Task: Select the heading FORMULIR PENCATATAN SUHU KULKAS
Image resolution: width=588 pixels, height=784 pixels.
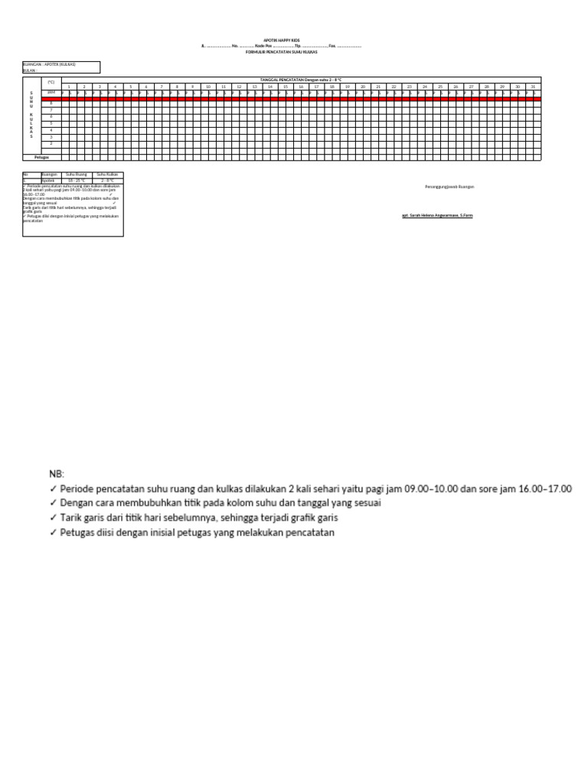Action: click(x=293, y=52)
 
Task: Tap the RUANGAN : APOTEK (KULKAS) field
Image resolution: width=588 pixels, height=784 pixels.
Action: click(x=50, y=64)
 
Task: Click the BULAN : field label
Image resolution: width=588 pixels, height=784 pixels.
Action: click(x=31, y=70)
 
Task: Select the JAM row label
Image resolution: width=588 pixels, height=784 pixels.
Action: click(x=51, y=92)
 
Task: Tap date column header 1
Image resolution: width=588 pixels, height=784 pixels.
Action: click(x=69, y=87)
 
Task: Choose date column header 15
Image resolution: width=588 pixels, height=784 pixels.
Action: click(x=286, y=87)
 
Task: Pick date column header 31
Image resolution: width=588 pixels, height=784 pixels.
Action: click(x=533, y=87)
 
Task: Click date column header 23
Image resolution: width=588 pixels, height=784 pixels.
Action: click(x=410, y=87)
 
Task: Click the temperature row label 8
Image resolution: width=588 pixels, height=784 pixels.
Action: click(x=51, y=103)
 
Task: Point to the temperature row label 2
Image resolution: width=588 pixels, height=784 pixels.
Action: click(x=51, y=143)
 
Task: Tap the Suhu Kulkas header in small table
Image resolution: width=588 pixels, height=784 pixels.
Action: click(x=107, y=175)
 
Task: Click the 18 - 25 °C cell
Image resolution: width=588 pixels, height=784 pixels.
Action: click(x=77, y=181)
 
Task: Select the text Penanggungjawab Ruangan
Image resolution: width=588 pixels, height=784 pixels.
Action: click(x=449, y=186)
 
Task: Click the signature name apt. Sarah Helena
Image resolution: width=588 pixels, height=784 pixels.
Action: click(x=437, y=216)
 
